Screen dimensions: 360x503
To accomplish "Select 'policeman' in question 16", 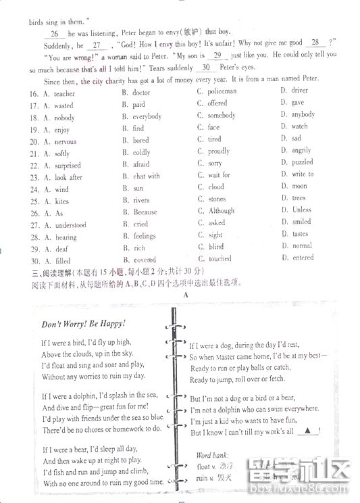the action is point(222,91).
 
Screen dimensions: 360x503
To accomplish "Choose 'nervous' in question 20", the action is point(66,142).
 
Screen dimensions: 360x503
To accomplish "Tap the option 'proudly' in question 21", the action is point(219,151).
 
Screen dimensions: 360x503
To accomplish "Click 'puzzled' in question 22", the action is point(302,162).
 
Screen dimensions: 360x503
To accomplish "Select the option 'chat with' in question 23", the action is point(147,176).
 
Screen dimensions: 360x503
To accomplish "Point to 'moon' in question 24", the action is point(299,186).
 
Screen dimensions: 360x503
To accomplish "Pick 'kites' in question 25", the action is point(61,201).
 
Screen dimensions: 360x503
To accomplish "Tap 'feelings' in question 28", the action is point(145,236).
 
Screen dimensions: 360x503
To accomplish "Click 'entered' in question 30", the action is point(303,258).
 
